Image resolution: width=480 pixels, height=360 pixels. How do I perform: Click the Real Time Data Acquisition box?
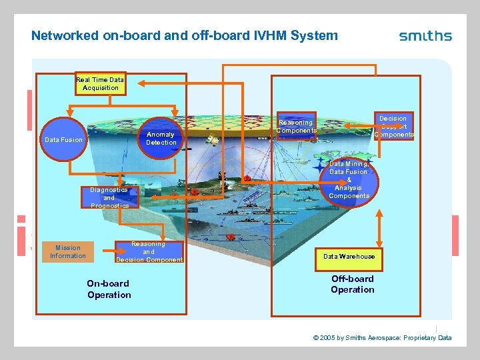point(100,83)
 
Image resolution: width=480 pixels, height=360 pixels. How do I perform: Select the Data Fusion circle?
point(63,140)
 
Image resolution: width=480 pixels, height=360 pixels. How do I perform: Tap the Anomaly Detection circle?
point(161,138)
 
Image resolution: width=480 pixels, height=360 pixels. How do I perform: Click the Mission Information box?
point(67,251)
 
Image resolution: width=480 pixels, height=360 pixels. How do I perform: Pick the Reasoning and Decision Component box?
point(149,251)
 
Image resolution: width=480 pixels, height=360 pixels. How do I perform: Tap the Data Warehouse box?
point(349,256)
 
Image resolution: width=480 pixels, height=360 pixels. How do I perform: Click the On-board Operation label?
point(109,289)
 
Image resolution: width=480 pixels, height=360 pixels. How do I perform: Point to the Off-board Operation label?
point(352,284)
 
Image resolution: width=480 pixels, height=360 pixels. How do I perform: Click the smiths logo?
point(425,36)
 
